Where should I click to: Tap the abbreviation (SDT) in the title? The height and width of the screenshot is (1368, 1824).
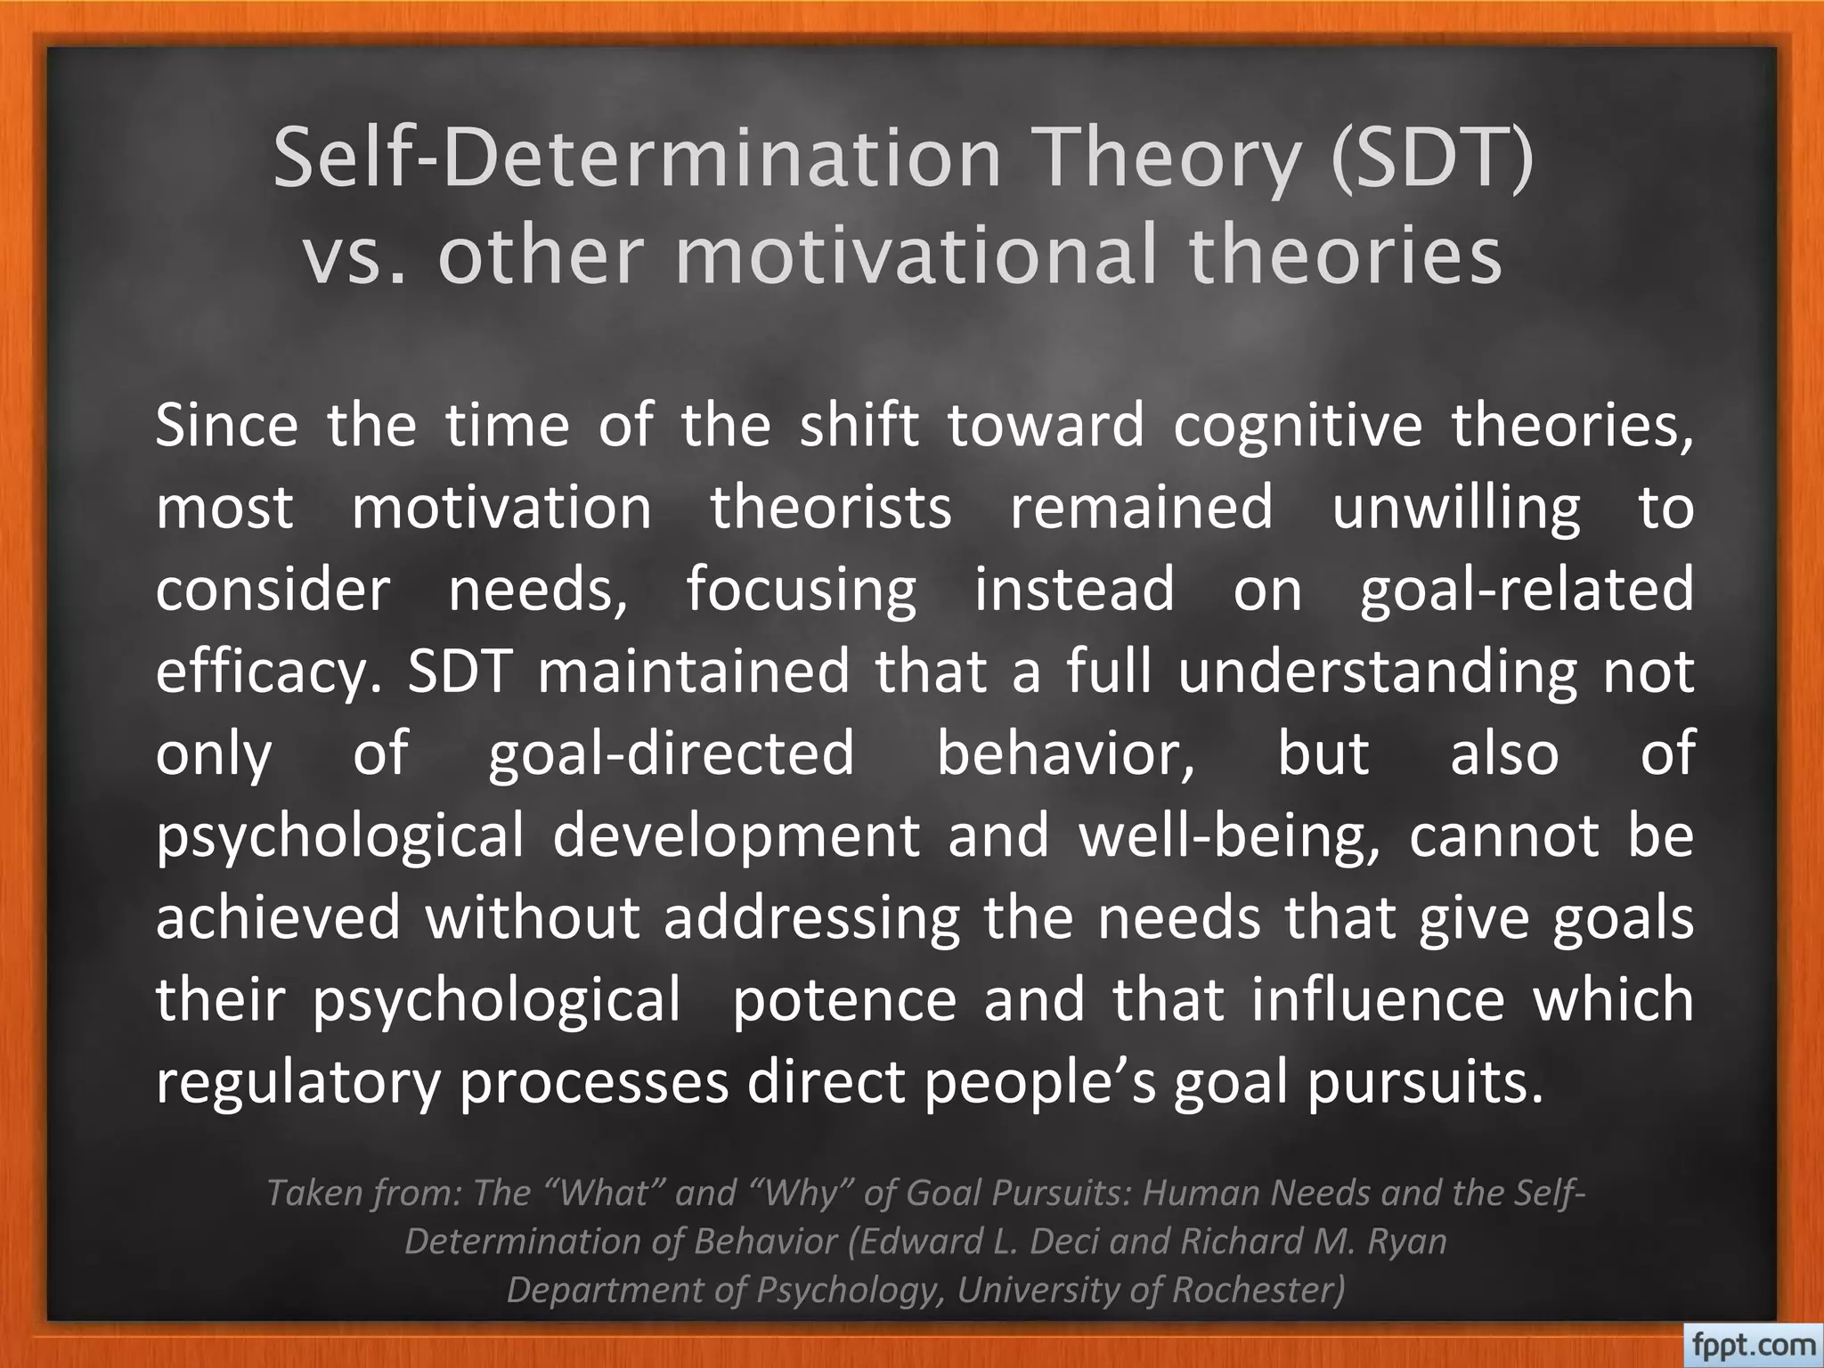point(1432,159)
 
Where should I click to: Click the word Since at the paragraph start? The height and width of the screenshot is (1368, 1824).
point(226,425)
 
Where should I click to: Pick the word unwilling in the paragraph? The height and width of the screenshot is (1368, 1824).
point(1455,509)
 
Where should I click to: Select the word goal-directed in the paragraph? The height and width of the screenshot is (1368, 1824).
point(672,753)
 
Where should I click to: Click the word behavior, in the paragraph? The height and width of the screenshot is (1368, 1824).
point(1066,753)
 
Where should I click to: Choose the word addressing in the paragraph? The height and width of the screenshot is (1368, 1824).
point(811,917)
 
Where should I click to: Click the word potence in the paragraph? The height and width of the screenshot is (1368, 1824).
point(843,999)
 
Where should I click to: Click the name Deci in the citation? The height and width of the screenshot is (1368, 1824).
point(1068,1241)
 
